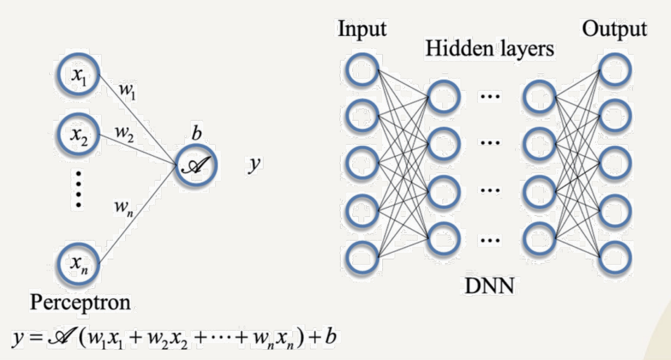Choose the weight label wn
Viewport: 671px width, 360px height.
(123, 206)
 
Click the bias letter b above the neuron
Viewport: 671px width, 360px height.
(197, 133)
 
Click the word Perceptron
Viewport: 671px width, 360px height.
(80, 303)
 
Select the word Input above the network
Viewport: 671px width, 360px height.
(362, 29)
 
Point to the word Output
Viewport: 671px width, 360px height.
(614, 29)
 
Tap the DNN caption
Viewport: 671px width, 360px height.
(489, 287)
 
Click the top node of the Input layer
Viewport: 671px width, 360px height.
(363, 68)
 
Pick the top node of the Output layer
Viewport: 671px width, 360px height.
(615, 70)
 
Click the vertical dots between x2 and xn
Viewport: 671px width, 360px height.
(79, 188)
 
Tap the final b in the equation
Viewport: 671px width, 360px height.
(331, 337)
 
